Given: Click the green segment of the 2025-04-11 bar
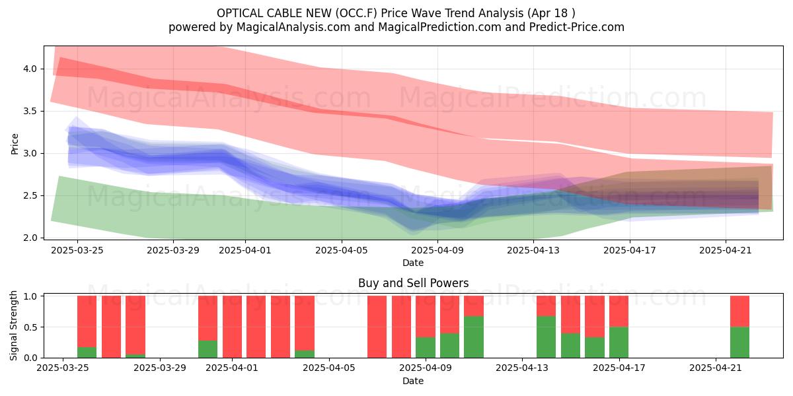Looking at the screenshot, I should tap(474, 337).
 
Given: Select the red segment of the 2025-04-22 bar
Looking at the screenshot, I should tap(739, 311).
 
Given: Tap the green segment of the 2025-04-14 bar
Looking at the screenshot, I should tap(546, 337).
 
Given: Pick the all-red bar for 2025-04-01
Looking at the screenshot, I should tap(232, 327).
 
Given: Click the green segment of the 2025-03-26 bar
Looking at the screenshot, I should tap(87, 352).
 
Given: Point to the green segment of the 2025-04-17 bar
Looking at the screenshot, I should tap(619, 343).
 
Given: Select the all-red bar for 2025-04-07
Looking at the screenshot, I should tap(377, 327).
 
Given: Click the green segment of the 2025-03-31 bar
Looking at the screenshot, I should tap(208, 349).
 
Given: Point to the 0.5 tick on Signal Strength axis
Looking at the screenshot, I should tap(31, 327).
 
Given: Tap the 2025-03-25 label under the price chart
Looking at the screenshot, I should tap(77, 250).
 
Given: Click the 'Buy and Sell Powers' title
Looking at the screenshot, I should tap(413, 283).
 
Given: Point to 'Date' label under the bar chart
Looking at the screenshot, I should tap(413, 381).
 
